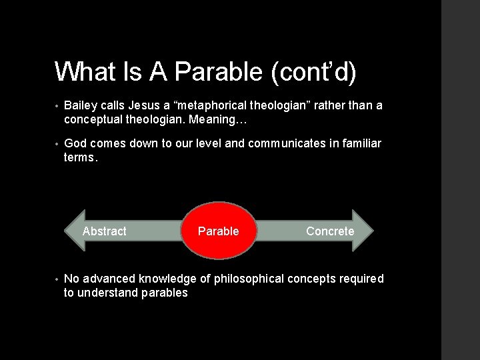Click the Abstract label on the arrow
pyautogui.click(x=104, y=231)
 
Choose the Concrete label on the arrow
pyautogui.click(x=330, y=231)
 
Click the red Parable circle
pyautogui.click(x=219, y=231)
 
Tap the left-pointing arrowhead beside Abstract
pyautogui.click(x=73, y=231)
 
